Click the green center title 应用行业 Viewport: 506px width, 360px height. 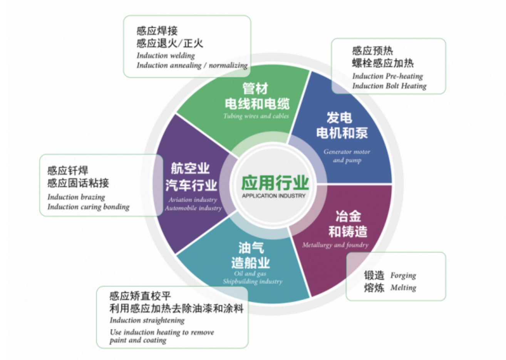[x=275, y=183]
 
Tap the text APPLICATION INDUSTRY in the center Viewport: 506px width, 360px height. [x=274, y=196]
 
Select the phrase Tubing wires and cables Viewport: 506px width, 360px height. [x=256, y=116]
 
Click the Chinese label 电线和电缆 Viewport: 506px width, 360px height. [x=257, y=104]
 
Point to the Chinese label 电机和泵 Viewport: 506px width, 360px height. [x=342, y=133]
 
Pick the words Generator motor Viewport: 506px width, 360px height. [x=347, y=152]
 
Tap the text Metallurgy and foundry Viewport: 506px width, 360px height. [x=335, y=245]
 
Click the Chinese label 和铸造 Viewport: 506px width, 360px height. [x=348, y=232]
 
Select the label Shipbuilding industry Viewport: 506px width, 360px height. [x=253, y=281]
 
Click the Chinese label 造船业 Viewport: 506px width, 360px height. [x=251, y=263]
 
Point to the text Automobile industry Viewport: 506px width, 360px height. [x=193, y=208]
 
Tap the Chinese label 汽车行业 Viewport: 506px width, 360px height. [x=191, y=185]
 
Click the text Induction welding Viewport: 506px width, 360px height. [x=166, y=56]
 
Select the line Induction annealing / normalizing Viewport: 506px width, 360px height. [x=192, y=66]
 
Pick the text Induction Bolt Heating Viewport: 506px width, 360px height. [x=389, y=86]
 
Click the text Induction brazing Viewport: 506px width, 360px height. [x=76, y=197]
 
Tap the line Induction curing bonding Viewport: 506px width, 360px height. [x=88, y=207]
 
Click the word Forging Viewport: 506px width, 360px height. [x=403, y=276]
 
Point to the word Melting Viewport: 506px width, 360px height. [x=403, y=288]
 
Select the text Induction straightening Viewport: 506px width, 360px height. [x=147, y=320]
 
